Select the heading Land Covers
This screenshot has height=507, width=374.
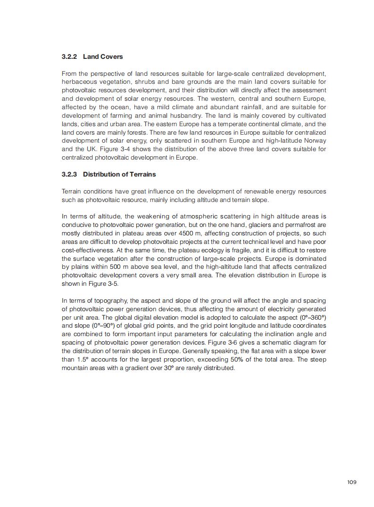pyautogui.click(x=103, y=56)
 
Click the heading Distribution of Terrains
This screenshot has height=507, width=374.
pyautogui.click(x=119, y=174)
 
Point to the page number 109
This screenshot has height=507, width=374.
pyautogui.click(x=351, y=482)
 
